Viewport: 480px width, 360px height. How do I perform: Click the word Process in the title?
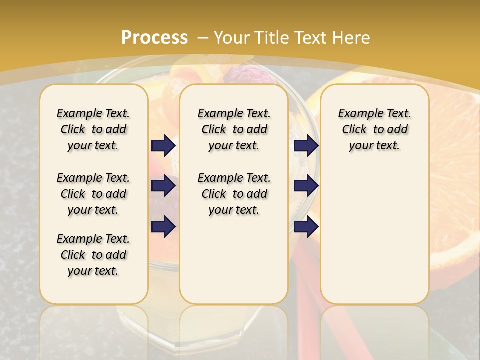pos(154,38)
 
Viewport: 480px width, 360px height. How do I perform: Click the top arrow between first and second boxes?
pos(163,146)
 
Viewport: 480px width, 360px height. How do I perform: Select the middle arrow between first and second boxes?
pos(163,186)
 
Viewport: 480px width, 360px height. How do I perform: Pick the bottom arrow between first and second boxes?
pos(163,227)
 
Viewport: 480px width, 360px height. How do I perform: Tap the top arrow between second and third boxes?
pos(306,146)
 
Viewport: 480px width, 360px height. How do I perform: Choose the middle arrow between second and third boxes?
pos(306,186)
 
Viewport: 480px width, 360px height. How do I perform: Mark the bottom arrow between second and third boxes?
pos(306,227)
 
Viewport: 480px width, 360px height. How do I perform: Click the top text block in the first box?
pos(93,129)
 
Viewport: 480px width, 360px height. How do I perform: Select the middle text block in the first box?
pos(93,194)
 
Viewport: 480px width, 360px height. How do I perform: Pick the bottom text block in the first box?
pos(93,255)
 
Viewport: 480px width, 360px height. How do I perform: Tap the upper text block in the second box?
pos(234,129)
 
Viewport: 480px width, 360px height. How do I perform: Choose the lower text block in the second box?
pos(234,194)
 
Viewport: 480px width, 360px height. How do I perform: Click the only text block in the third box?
pos(374,129)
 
